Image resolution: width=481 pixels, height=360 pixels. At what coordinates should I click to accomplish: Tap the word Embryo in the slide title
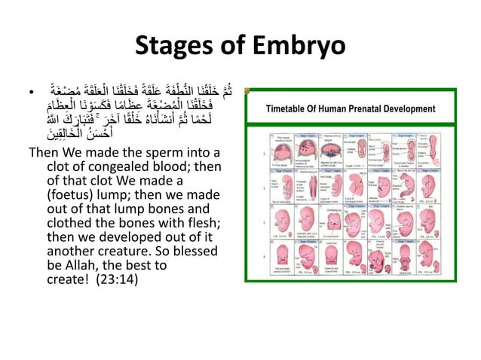(x=300, y=46)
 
